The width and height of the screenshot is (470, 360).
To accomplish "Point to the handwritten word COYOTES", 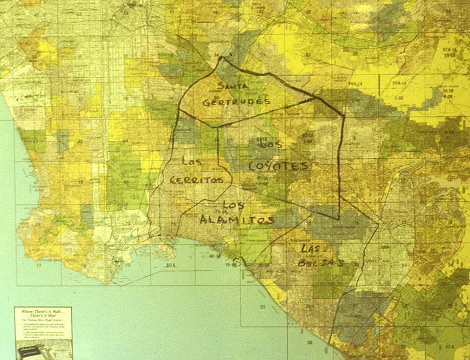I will coord(279,165).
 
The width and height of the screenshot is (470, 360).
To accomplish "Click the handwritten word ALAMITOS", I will coord(237,219).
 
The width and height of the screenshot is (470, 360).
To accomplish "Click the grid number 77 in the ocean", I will coord(39,266).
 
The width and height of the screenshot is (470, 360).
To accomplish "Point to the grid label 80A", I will coord(171,266).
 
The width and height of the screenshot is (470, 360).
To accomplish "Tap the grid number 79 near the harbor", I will coord(128,266).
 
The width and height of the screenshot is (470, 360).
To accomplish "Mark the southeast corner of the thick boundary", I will coord(339,218).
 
